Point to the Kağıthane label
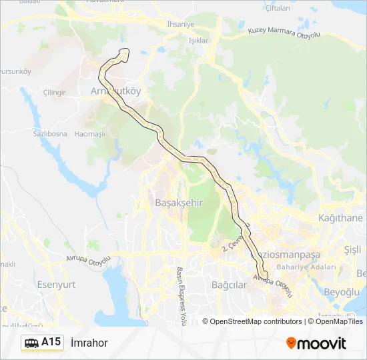340,218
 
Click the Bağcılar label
229,285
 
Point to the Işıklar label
199,40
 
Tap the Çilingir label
54,92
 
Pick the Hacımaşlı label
90,134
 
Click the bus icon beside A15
31,343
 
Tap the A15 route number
51,343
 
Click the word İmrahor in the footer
89,343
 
